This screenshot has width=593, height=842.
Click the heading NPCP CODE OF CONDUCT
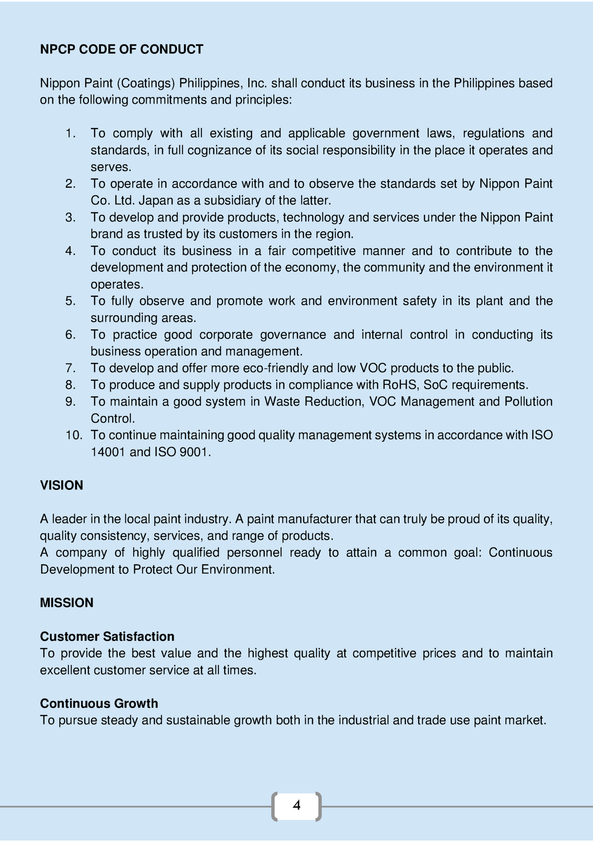tap(121, 49)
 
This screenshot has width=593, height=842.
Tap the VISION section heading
tap(61, 485)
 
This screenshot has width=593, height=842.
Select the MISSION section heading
tap(66, 603)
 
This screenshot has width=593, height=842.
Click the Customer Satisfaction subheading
tap(107, 636)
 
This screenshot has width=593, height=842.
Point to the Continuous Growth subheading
tap(99, 703)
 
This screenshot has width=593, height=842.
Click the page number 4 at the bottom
tap(296, 805)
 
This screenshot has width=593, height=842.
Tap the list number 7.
tap(70, 368)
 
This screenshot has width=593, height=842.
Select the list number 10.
tap(74, 435)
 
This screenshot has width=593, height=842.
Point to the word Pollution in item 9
tap(528, 401)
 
